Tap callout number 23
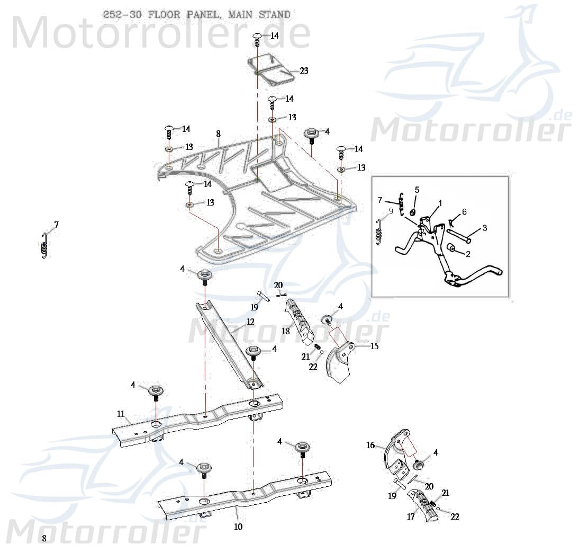304,70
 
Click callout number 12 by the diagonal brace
250,322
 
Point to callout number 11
121,413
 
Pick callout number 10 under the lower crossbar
238,527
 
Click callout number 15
374,346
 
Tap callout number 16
370,446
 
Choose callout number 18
286,331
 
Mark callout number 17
411,517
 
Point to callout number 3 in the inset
484,228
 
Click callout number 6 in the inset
464,212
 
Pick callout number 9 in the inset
391,210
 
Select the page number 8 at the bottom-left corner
44,538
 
